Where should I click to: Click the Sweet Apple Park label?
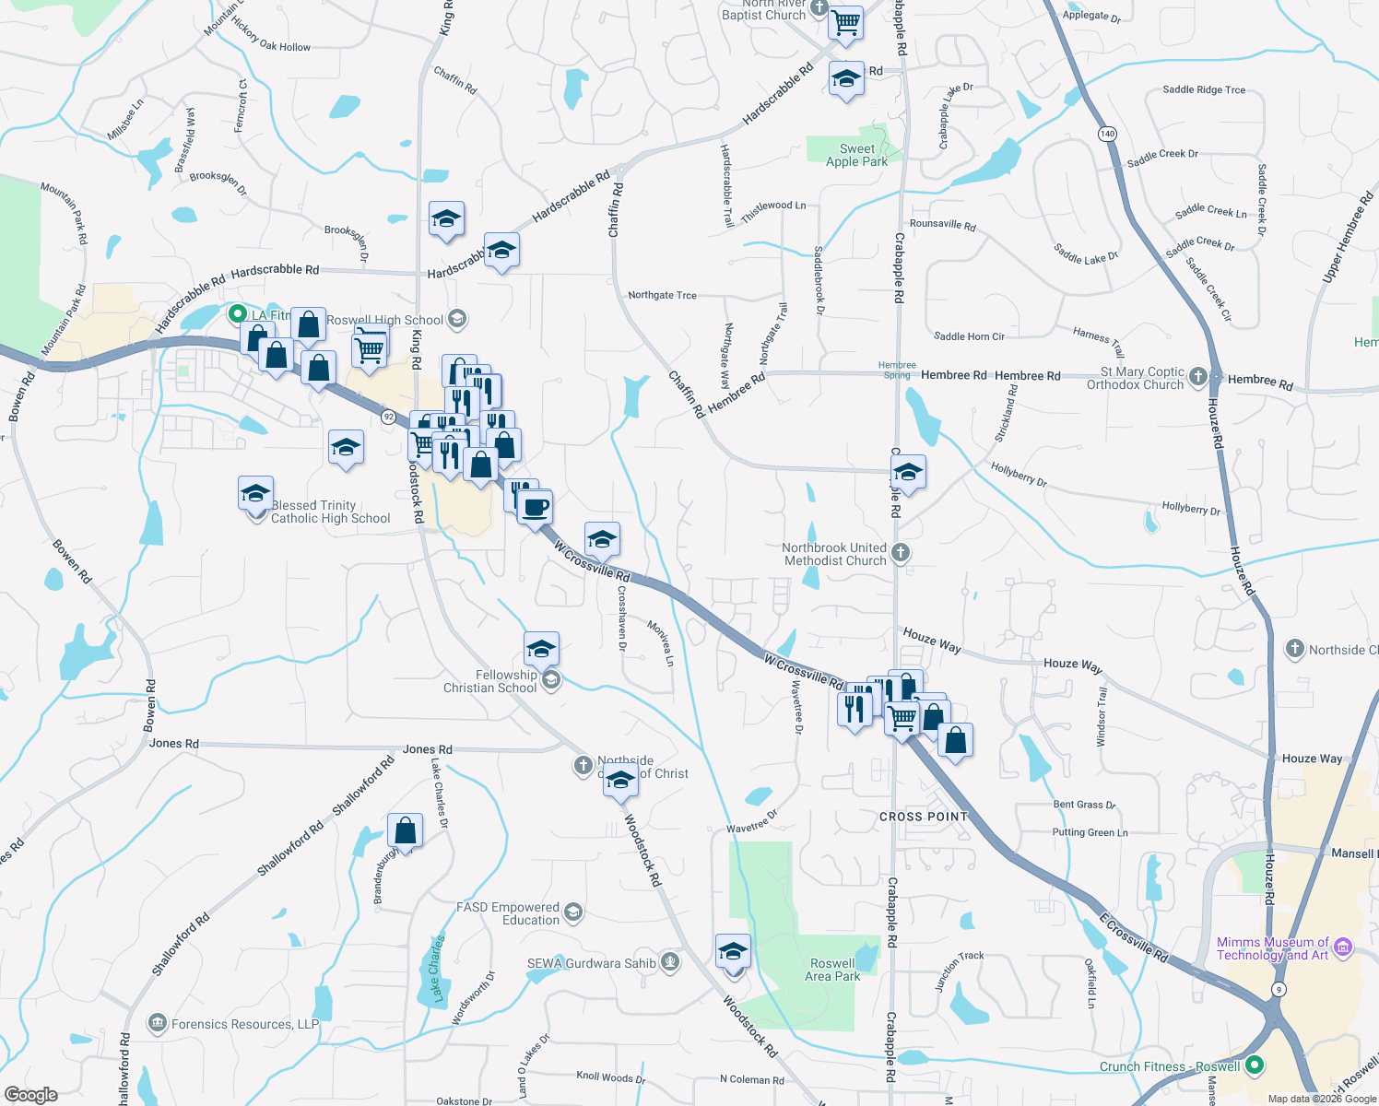click(856, 155)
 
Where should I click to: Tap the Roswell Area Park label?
click(832, 970)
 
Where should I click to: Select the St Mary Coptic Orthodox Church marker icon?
click(1197, 376)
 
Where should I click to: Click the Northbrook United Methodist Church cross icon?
click(901, 553)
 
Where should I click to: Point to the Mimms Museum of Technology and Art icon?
click(1342, 947)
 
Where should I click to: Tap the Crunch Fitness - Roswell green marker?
click(1254, 1066)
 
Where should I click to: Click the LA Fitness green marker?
click(237, 314)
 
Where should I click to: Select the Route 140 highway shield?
click(1107, 134)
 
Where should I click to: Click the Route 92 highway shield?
click(389, 417)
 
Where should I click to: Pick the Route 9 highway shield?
click(1278, 989)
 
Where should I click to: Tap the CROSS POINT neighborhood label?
click(924, 817)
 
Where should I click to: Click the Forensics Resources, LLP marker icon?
click(157, 1023)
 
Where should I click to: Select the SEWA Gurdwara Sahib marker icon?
click(670, 963)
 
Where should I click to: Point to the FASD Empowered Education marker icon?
click(572, 912)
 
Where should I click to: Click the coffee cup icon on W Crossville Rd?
click(535, 506)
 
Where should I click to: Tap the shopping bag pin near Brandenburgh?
click(405, 830)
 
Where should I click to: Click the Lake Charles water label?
click(437, 970)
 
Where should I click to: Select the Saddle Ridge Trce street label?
click(1204, 89)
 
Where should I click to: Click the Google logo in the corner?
click(30, 1095)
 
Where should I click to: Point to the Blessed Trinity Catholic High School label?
click(330, 512)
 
